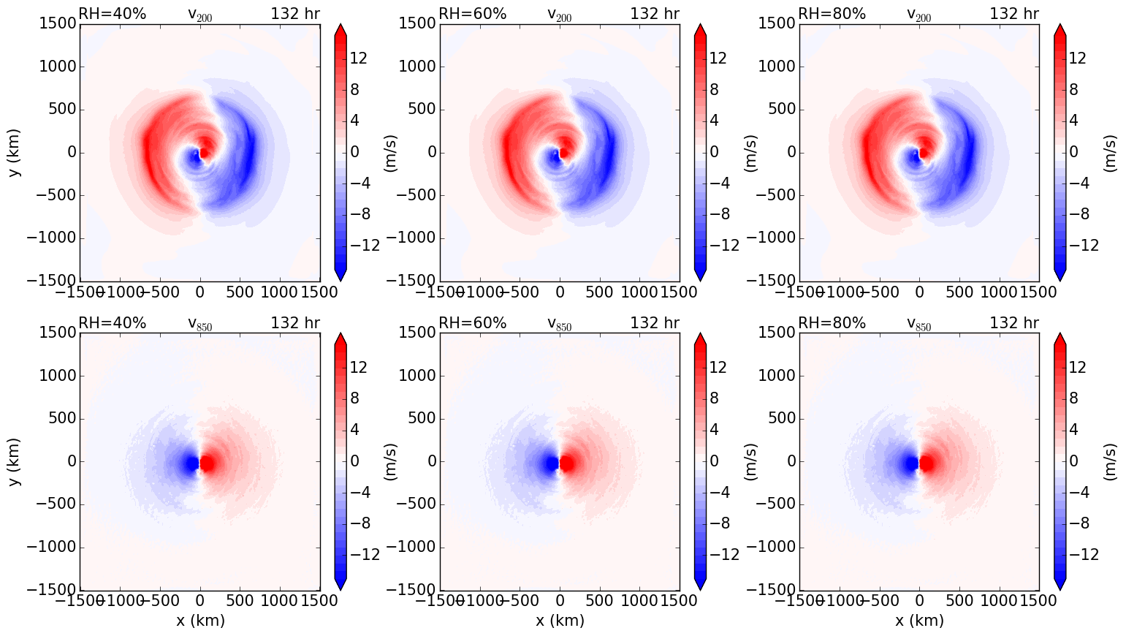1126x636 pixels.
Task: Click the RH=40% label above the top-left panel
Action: [113, 14]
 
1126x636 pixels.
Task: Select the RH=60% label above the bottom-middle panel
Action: [472, 323]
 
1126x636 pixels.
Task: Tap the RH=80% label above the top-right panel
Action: [832, 14]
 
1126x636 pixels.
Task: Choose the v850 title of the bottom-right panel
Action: [919, 325]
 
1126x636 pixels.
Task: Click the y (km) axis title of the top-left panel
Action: [14, 152]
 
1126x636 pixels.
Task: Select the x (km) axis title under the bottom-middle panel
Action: [560, 621]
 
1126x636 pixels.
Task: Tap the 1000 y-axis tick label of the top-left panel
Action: [56, 67]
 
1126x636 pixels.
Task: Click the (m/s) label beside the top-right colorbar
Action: [1110, 152]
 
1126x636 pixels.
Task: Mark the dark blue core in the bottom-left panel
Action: [191, 463]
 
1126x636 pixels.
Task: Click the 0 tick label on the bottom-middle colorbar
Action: [714, 461]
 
